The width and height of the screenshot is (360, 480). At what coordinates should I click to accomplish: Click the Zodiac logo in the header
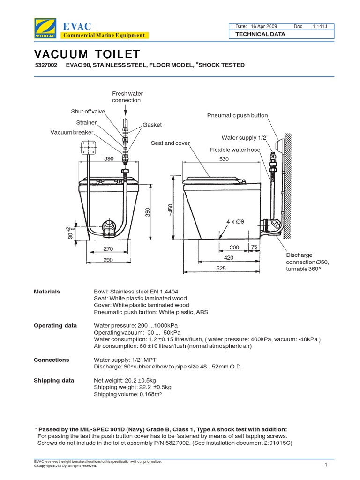click(45, 28)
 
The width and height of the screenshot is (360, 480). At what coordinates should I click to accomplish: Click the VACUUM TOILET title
click(87, 54)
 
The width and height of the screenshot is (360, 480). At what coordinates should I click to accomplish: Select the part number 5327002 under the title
click(45, 65)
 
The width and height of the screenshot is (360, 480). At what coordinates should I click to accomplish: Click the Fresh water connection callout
click(126, 97)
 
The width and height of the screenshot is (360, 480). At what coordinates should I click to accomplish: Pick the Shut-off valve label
click(88, 112)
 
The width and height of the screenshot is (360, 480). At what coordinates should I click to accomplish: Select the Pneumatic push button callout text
click(237, 115)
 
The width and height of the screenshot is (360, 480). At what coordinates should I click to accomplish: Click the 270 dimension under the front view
click(109, 249)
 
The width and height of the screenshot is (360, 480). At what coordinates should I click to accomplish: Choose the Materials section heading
click(47, 292)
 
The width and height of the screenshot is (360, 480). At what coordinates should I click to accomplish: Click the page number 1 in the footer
click(324, 465)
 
